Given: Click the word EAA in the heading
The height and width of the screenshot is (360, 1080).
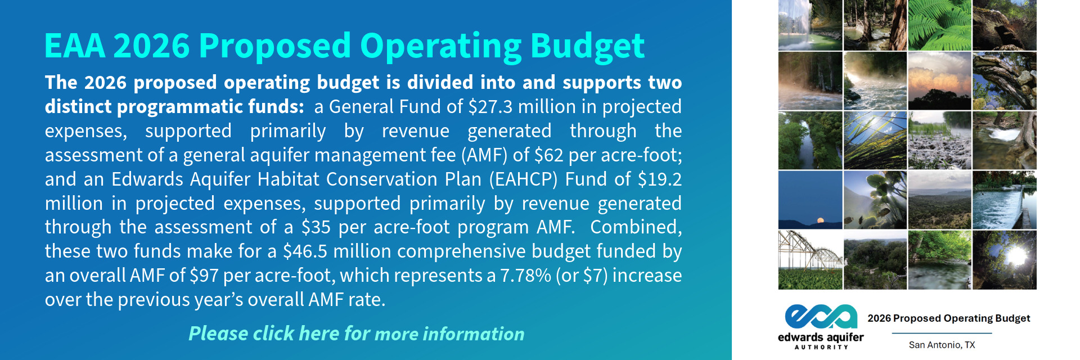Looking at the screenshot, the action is pyautogui.click(x=75, y=46).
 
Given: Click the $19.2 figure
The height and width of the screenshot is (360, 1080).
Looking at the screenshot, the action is pyautogui.click(x=660, y=179).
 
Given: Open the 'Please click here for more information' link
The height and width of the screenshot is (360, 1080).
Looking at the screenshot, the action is pyautogui.click(x=356, y=334).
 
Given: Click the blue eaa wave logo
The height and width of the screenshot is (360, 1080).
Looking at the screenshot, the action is pyautogui.click(x=821, y=317).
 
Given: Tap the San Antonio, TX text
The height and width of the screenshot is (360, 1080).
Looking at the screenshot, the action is pyautogui.click(x=942, y=345).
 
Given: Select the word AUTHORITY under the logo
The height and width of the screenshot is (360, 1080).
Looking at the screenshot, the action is pyautogui.click(x=821, y=347).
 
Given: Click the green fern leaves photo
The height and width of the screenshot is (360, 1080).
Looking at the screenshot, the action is pyautogui.click(x=939, y=25).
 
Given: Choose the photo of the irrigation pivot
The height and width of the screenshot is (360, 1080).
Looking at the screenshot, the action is pyautogui.click(x=810, y=260).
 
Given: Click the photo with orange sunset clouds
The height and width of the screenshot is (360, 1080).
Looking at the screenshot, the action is pyautogui.click(x=939, y=81).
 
